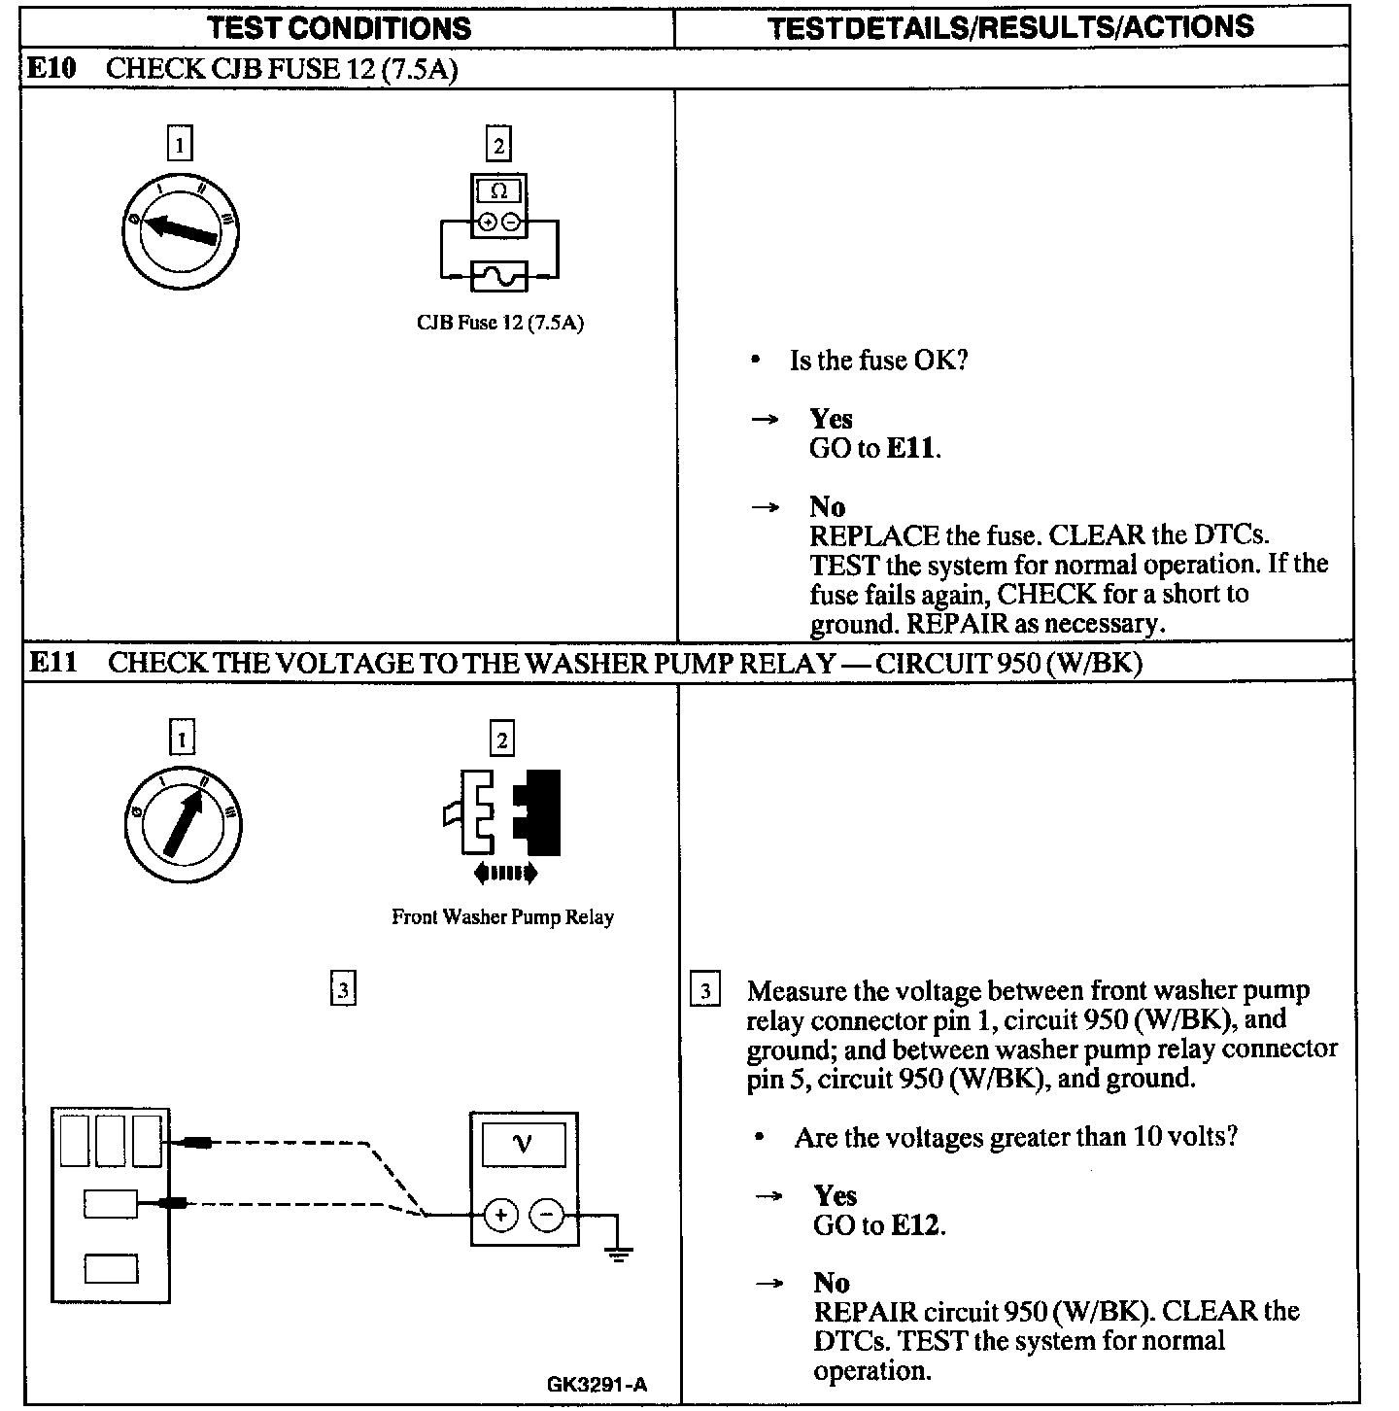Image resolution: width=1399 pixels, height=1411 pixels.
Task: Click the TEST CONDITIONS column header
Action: click(339, 27)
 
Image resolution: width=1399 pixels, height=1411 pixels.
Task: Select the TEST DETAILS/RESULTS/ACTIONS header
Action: click(1010, 27)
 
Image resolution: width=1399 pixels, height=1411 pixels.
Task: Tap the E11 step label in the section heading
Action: click(51, 663)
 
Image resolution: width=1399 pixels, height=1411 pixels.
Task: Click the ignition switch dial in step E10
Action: click(181, 231)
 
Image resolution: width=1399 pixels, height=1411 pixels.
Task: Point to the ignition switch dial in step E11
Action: click(183, 825)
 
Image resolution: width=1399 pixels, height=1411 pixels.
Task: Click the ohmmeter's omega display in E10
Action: click(498, 190)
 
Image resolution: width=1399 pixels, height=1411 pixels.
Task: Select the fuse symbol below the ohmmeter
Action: click(498, 276)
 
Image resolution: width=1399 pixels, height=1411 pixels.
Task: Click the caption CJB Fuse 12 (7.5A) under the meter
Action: click(499, 324)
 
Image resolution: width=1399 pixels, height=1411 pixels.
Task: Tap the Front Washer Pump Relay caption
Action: click(502, 917)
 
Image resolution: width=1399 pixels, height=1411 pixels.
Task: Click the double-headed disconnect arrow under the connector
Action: click(505, 874)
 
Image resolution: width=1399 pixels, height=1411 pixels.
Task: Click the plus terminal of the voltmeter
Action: click(500, 1215)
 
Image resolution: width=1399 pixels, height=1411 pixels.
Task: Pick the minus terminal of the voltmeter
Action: click(547, 1215)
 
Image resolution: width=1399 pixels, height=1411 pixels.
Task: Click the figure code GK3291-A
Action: click(597, 1384)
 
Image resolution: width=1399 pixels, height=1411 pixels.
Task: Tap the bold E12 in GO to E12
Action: click(915, 1225)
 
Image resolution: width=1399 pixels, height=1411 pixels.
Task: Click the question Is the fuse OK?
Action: click(878, 361)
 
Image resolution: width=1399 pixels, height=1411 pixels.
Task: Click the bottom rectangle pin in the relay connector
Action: click(111, 1269)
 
